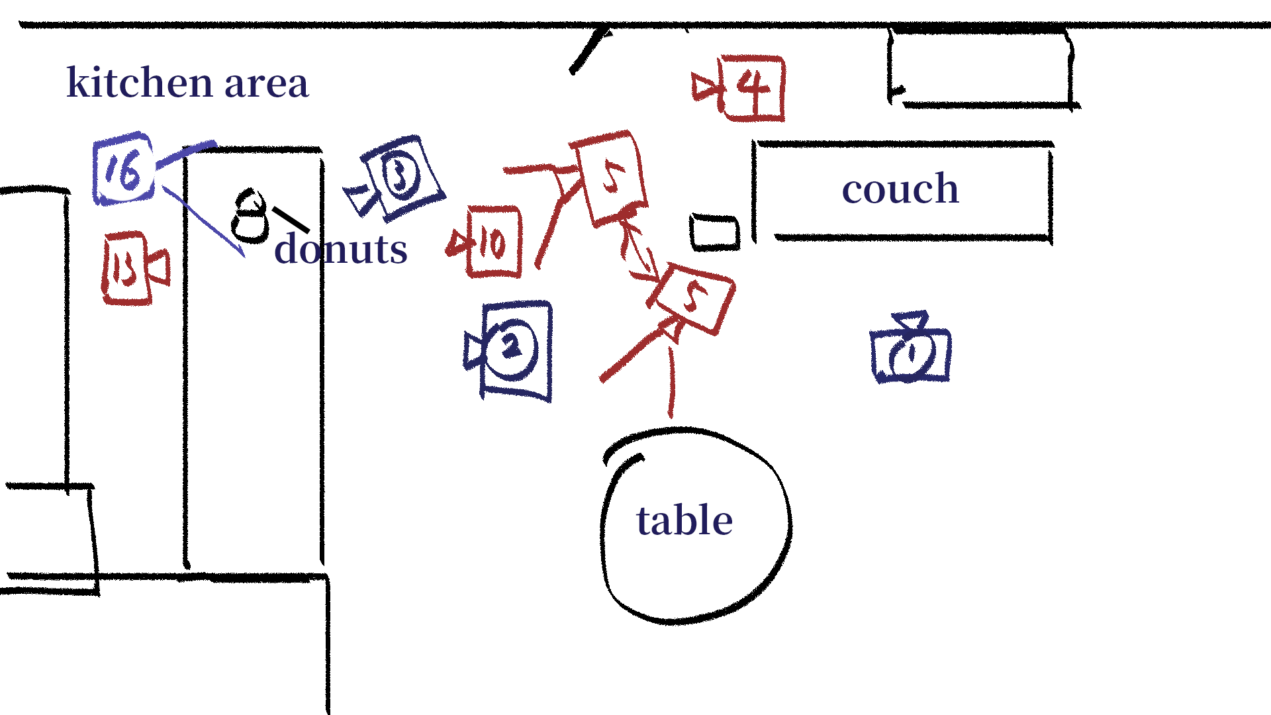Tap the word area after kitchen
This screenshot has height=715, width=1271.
(266, 84)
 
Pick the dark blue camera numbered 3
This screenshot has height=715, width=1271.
(396, 177)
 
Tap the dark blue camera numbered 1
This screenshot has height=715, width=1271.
(910, 349)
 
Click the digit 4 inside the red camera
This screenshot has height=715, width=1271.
(753, 86)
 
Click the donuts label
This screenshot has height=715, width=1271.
(341, 249)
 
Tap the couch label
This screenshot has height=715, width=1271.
(900, 189)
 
